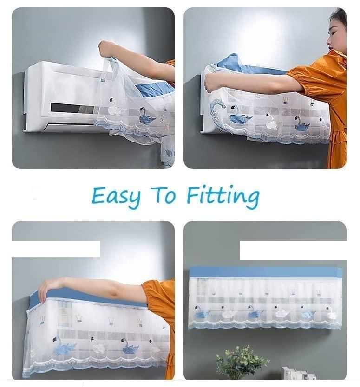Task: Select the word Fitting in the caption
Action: [223, 196]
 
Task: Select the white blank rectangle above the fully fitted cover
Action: [293, 250]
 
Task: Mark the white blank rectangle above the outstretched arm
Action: [56, 249]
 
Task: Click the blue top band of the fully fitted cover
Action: [265, 272]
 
